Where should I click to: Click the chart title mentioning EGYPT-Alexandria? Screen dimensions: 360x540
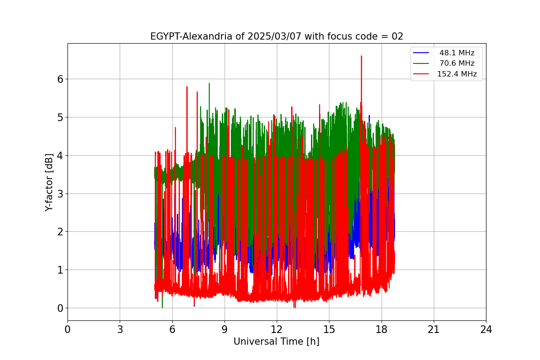tap(276, 36)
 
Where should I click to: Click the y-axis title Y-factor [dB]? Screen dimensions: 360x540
tap(49, 182)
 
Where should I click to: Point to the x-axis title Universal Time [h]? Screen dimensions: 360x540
tap(276, 342)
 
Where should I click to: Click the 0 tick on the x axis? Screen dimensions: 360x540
tap(67, 329)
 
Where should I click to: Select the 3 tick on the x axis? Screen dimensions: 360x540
tap(120, 329)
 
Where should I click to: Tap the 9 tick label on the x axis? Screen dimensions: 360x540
tap(225, 329)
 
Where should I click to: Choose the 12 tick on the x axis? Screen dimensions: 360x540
tap(277, 329)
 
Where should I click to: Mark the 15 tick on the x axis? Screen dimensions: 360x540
tap(329, 329)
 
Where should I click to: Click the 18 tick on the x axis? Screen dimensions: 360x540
tap(382, 329)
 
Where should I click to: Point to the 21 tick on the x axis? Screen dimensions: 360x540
tap(434, 329)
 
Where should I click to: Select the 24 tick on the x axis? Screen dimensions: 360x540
tap(486, 329)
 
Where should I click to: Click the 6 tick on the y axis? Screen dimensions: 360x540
tap(60, 79)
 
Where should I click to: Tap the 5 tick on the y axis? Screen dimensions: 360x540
tap(60, 117)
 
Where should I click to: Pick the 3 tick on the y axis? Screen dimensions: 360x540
tap(60, 193)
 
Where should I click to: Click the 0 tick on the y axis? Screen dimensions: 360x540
tap(60, 308)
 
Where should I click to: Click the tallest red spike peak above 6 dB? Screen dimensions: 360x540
tap(361, 56)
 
